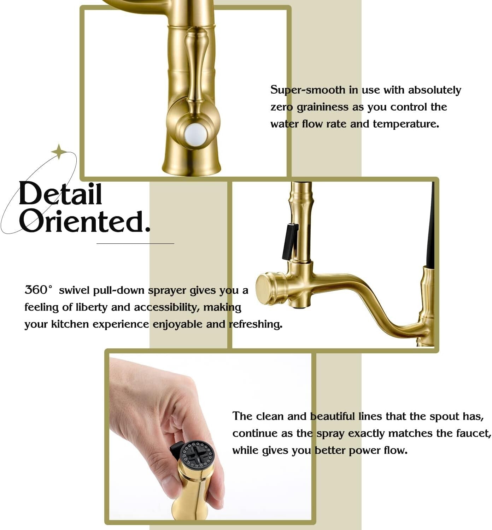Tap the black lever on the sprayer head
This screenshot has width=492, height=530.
(x=289, y=241)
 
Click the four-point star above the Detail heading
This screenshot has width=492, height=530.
(x=59, y=152)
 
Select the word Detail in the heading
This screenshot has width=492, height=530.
(x=60, y=194)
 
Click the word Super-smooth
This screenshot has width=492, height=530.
(x=308, y=90)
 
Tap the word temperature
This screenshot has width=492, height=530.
(x=405, y=124)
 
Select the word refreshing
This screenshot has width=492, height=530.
(x=256, y=324)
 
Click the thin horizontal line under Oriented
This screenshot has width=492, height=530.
(x=135, y=243)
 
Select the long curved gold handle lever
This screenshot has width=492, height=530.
(x=196, y=67)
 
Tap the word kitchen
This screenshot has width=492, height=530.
(x=70, y=324)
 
